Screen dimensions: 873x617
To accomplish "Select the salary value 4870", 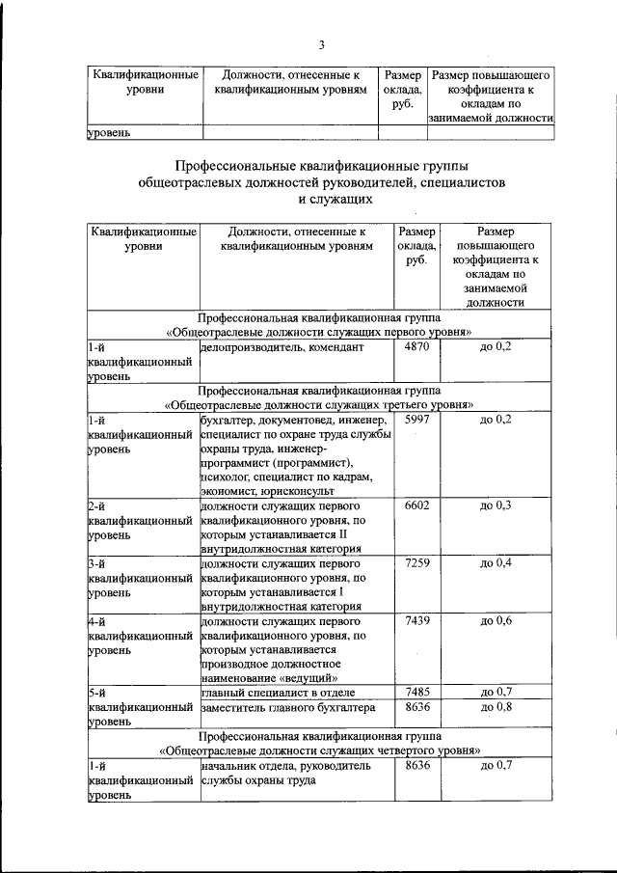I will click(x=416, y=346).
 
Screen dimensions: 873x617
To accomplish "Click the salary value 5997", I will click(x=416, y=420).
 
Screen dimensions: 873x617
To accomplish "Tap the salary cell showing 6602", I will click(x=416, y=505).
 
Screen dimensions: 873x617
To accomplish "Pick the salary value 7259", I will click(x=416, y=562).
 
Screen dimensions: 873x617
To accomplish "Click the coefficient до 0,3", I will click(x=495, y=505).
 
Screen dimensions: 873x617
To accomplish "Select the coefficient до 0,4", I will click(x=495, y=562).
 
